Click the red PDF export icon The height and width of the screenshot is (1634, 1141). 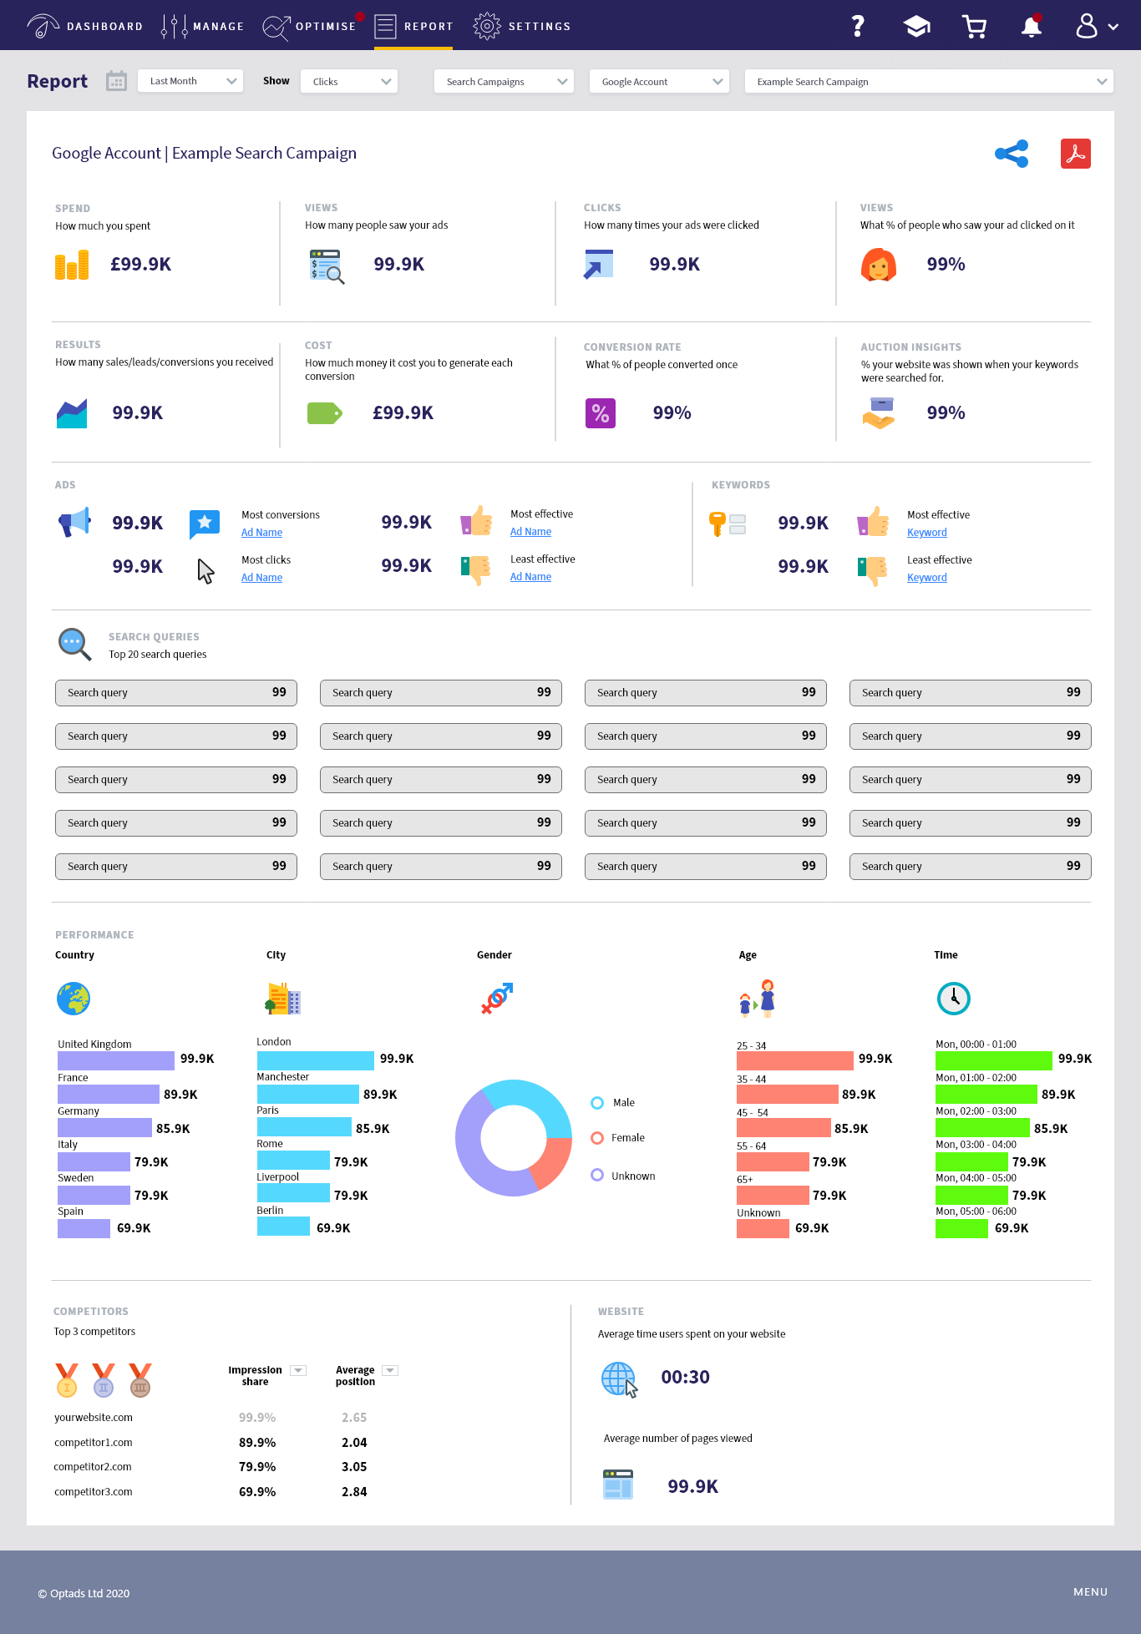(x=1075, y=154)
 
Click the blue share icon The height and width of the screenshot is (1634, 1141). (x=1012, y=154)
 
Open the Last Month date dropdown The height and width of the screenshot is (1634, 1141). (x=190, y=81)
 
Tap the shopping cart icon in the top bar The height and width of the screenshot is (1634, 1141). (x=974, y=27)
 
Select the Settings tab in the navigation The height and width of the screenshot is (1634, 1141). (x=522, y=27)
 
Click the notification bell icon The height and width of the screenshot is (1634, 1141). (x=1032, y=27)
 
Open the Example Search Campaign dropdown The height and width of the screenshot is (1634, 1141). (x=929, y=81)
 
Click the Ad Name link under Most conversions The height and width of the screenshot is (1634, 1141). (x=261, y=533)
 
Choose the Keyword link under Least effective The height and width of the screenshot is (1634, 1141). (x=926, y=578)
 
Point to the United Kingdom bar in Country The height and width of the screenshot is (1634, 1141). (x=115, y=1060)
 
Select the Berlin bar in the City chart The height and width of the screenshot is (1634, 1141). (x=283, y=1227)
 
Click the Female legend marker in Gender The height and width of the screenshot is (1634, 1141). (x=597, y=1138)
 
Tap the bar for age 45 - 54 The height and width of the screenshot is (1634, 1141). (x=783, y=1128)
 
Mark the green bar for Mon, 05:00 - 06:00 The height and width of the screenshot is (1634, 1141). (x=961, y=1228)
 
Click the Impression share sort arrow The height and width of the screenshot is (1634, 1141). (x=298, y=1370)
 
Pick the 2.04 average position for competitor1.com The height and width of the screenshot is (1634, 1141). (x=354, y=1443)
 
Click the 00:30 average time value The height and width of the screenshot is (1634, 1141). (x=685, y=1377)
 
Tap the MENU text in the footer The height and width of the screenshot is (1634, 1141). (x=1090, y=1592)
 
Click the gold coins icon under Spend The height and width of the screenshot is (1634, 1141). (x=72, y=265)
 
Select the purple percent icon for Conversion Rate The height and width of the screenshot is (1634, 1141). (x=600, y=412)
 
